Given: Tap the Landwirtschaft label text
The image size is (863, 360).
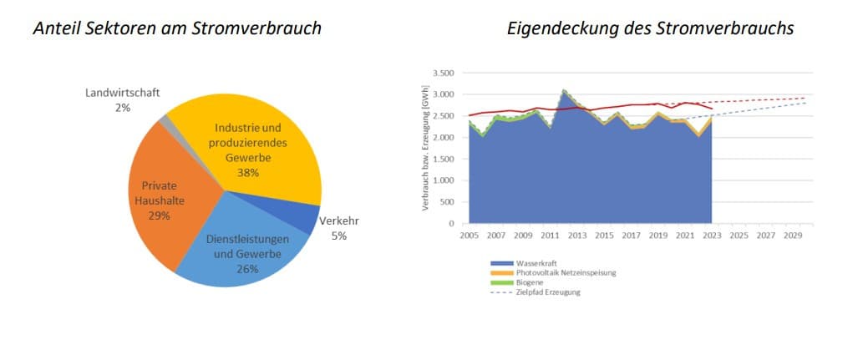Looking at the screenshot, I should pyautogui.click(x=123, y=92).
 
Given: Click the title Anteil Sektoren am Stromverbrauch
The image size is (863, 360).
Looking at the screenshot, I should pyautogui.click(x=177, y=29).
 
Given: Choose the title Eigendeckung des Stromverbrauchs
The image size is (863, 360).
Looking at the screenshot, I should pyautogui.click(x=650, y=29).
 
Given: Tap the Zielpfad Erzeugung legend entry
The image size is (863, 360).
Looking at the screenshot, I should pyautogui.click(x=548, y=292).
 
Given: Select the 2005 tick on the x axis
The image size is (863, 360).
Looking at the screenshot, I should pyautogui.click(x=470, y=236).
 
